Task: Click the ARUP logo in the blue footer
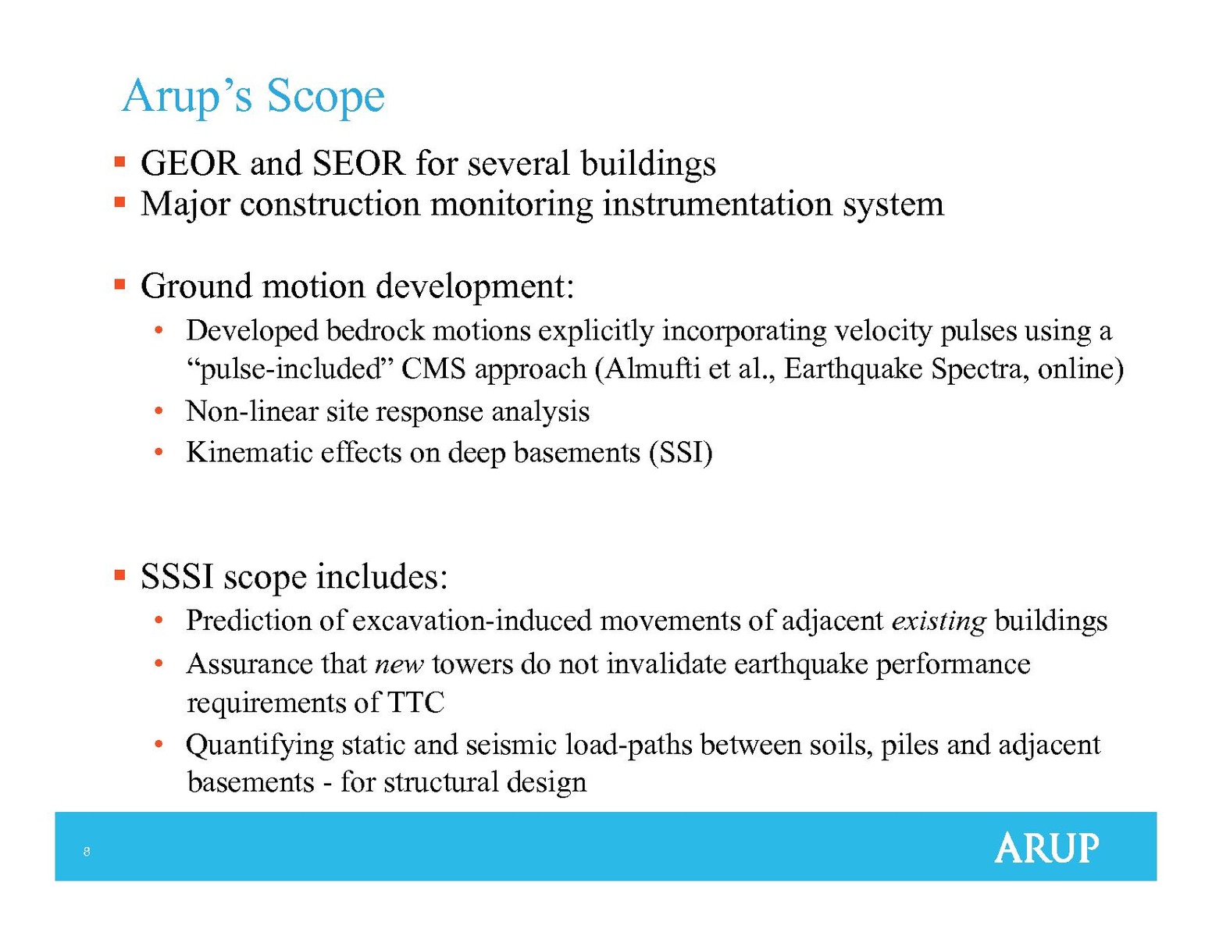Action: [x=1046, y=848]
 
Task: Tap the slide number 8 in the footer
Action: [x=87, y=851]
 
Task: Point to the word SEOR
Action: [x=358, y=164]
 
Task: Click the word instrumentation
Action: [x=718, y=204]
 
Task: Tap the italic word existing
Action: [x=939, y=621]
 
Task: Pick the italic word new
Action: [x=399, y=664]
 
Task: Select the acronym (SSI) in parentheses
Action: [x=681, y=452]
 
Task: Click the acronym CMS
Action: [x=433, y=369]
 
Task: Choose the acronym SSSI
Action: [x=177, y=576]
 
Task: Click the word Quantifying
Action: [x=260, y=746]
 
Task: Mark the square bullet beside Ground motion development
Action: [x=119, y=285]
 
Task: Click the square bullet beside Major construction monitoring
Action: [x=119, y=202]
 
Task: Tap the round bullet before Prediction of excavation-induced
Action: [x=159, y=619]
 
